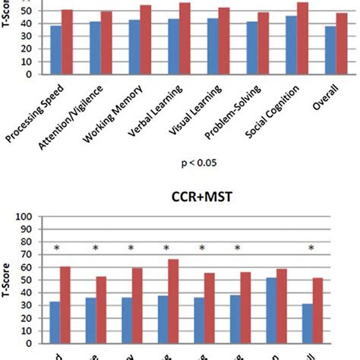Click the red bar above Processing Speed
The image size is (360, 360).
pyautogui.click(x=67, y=42)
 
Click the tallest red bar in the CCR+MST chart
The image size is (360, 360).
pyautogui.click(x=185, y=302)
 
